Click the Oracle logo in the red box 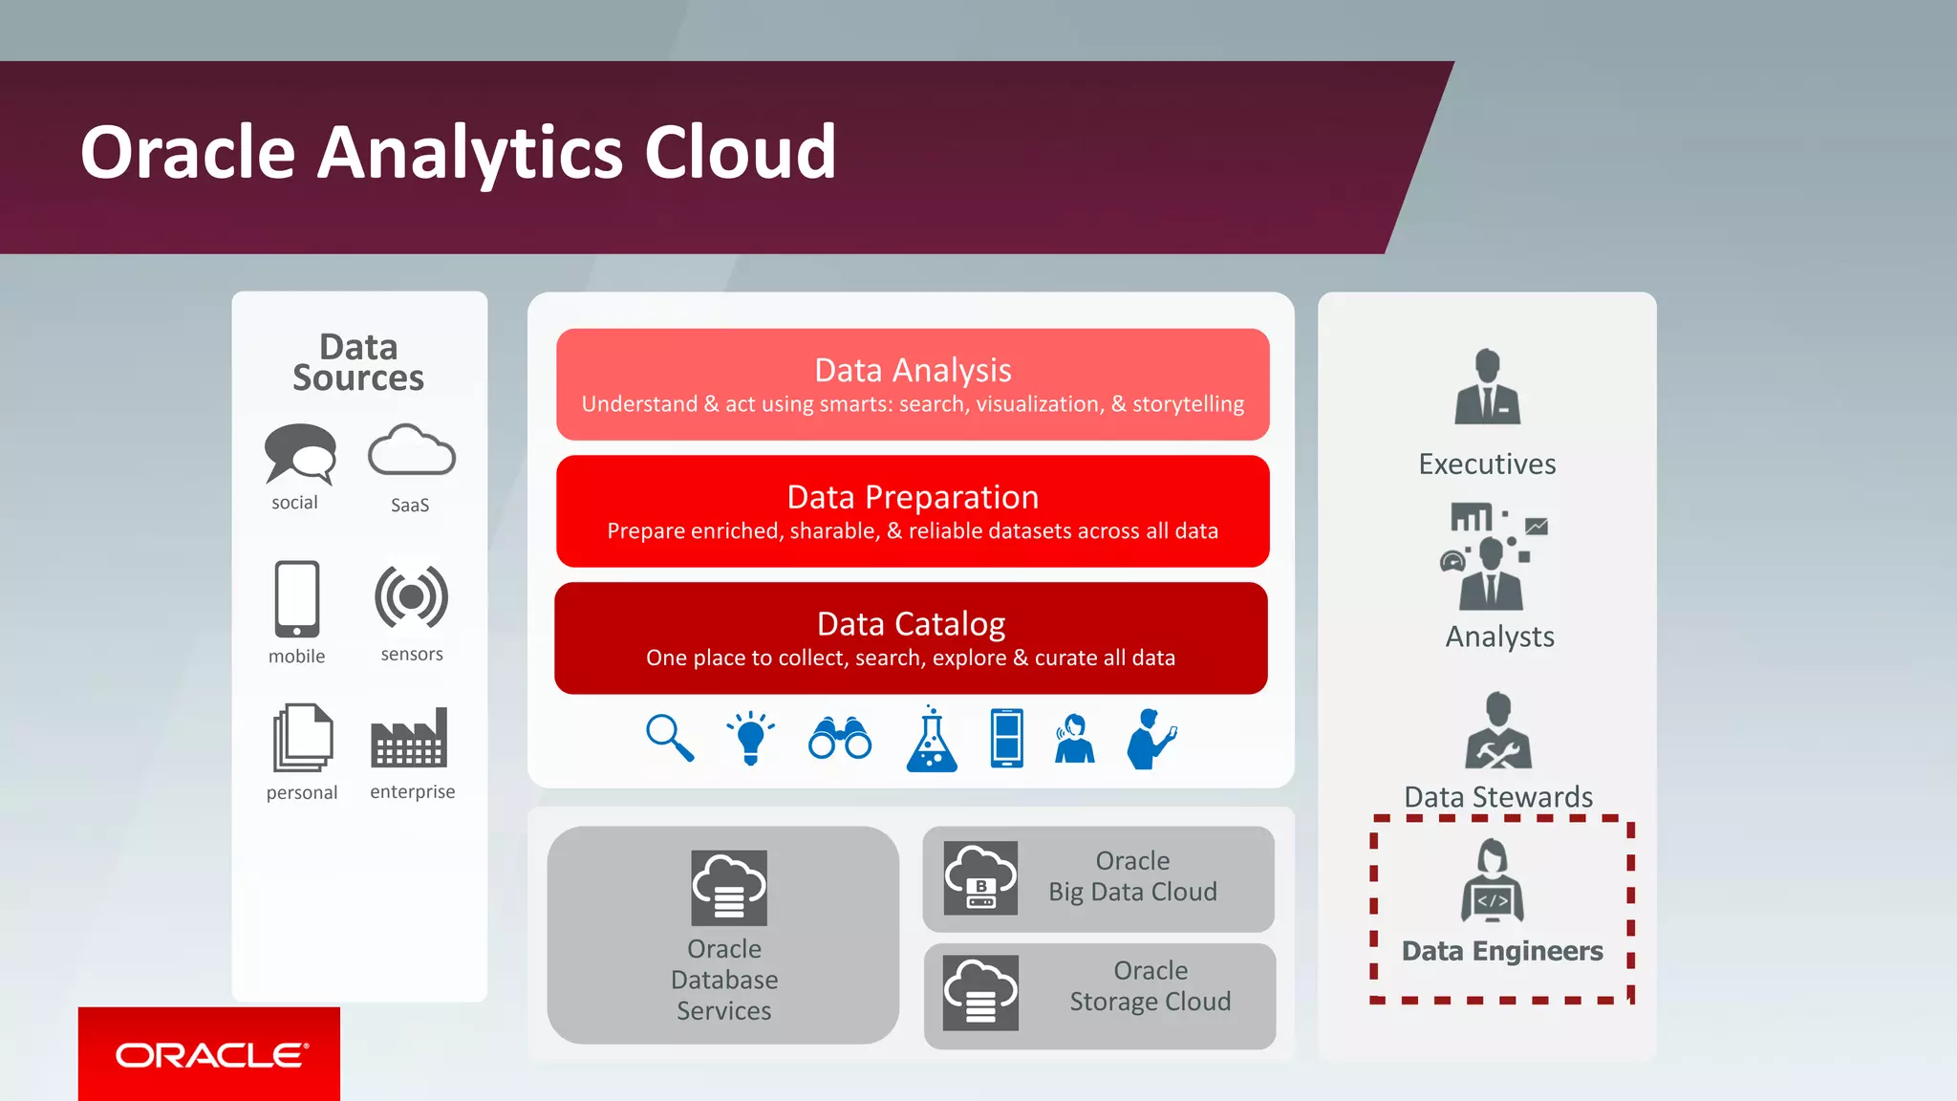click(x=211, y=1055)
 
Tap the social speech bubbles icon click(x=300, y=454)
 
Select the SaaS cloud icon click(x=412, y=451)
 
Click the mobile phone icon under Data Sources click(x=297, y=599)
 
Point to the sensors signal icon click(x=411, y=597)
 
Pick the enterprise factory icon click(x=409, y=738)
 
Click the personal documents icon click(x=303, y=737)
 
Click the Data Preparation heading click(x=913, y=497)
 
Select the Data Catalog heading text click(x=911, y=624)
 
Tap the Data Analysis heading click(x=913, y=370)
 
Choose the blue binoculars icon click(x=840, y=738)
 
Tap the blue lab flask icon click(x=932, y=740)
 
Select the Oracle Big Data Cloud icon click(x=980, y=878)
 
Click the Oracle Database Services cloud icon click(x=729, y=888)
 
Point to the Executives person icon click(x=1487, y=387)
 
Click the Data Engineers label click(x=1502, y=951)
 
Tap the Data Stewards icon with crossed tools click(x=1498, y=732)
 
